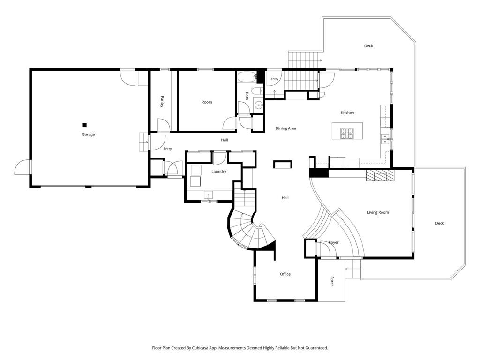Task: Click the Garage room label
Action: click(88, 135)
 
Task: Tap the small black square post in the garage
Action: click(85, 125)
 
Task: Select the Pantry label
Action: click(162, 102)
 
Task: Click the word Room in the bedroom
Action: click(207, 102)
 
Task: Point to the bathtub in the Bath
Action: click(247, 77)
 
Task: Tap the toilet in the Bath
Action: click(257, 91)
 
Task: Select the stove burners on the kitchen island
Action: click(347, 133)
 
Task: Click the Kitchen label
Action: click(347, 112)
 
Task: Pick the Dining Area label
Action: click(285, 128)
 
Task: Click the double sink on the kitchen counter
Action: click(385, 139)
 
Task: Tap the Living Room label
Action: click(378, 212)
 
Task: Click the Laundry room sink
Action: click(208, 195)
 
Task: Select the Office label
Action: click(285, 274)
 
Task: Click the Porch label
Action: click(332, 281)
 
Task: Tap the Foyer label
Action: click(334, 242)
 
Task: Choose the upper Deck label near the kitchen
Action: click(368, 46)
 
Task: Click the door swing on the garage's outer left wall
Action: click(22, 167)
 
